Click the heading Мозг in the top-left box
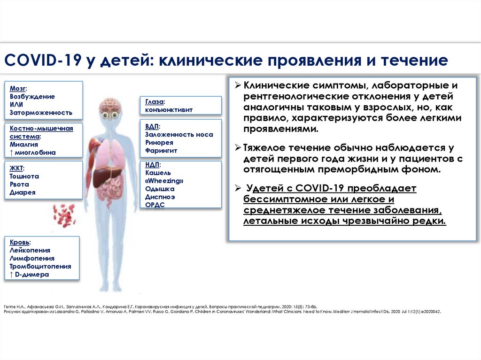tap(17, 88)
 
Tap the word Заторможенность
tap(41, 112)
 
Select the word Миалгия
tap(24, 145)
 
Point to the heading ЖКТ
tap(17, 169)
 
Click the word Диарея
tap(23, 192)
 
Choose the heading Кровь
tap(20, 242)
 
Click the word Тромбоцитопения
tap(40, 266)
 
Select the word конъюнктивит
tap(169, 109)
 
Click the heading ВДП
tap(153, 126)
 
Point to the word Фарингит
tap(161, 150)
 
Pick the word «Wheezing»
tap(164, 181)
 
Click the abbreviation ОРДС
tap(155, 205)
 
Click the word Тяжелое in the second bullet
tap(265, 147)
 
